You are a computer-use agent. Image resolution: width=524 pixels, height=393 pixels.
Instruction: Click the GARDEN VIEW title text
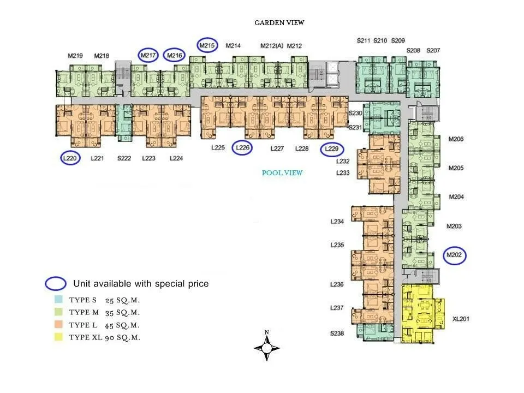279,23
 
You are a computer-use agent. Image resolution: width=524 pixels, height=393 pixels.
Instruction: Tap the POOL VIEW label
282,173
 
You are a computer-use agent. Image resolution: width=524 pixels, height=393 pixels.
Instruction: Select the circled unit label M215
207,45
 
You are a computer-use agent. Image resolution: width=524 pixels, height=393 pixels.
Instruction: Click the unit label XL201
461,319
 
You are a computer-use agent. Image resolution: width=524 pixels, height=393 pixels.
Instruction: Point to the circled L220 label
70,158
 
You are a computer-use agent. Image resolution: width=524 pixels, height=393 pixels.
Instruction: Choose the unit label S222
124,158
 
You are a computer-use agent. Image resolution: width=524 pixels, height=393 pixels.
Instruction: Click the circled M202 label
454,255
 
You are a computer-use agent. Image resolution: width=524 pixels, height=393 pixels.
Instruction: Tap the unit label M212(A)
272,46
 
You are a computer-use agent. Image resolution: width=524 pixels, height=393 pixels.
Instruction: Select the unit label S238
337,333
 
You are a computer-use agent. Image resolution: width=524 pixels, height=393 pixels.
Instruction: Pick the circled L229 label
331,148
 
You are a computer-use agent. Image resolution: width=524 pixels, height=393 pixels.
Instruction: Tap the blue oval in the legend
56,283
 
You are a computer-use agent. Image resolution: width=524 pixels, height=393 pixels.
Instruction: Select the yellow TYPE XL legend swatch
58,337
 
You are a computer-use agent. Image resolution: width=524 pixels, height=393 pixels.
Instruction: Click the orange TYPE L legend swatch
58,324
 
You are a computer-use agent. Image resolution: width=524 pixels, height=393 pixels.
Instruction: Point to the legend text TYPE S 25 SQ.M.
104,300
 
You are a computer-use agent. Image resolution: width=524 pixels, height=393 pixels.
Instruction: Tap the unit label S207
433,50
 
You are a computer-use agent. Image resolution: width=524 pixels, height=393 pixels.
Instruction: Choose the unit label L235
337,245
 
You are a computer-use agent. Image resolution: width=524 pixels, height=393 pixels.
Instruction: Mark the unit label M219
75,56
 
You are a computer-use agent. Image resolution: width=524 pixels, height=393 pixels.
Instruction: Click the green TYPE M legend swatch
58,312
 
